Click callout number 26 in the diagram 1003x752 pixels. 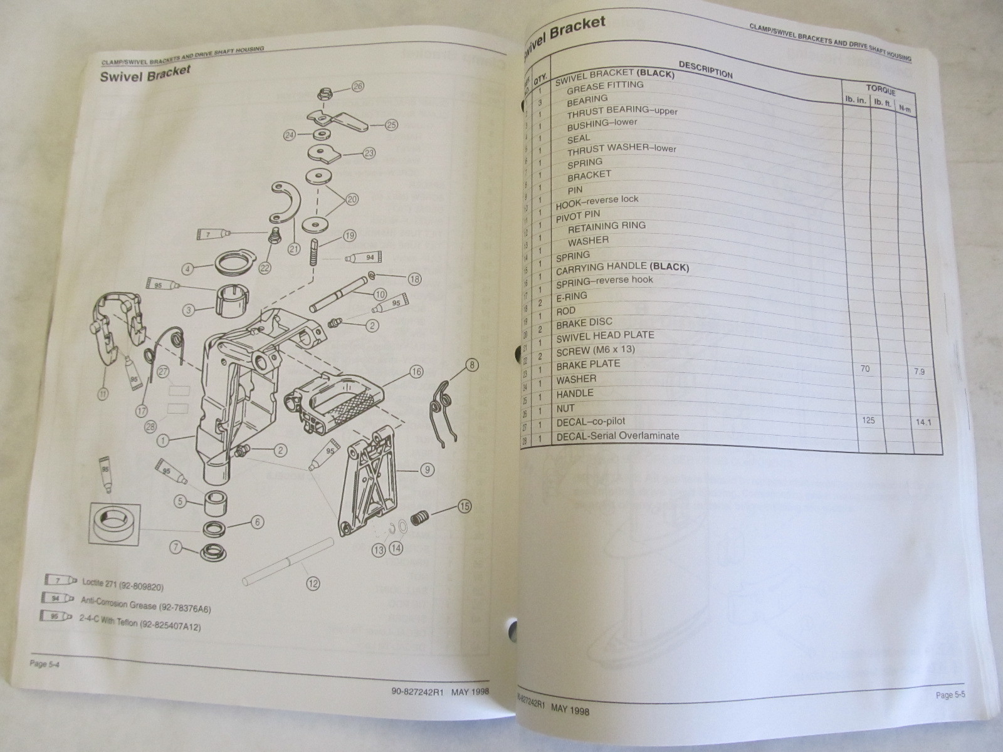coord(357,87)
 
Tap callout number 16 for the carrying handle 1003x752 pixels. coord(416,372)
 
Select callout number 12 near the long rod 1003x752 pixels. coord(313,584)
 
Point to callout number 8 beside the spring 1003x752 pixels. coord(471,364)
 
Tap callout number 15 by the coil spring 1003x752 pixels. coord(464,505)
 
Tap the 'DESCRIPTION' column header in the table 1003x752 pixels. coord(705,68)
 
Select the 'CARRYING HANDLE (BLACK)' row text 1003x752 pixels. coord(622,268)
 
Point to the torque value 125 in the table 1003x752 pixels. coord(868,420)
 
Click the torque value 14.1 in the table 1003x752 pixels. coord(923,422)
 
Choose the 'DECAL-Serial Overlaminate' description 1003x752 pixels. coord(617,436)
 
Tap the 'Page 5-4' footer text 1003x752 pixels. coord(47,664)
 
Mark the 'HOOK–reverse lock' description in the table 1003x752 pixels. coord(597,201)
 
